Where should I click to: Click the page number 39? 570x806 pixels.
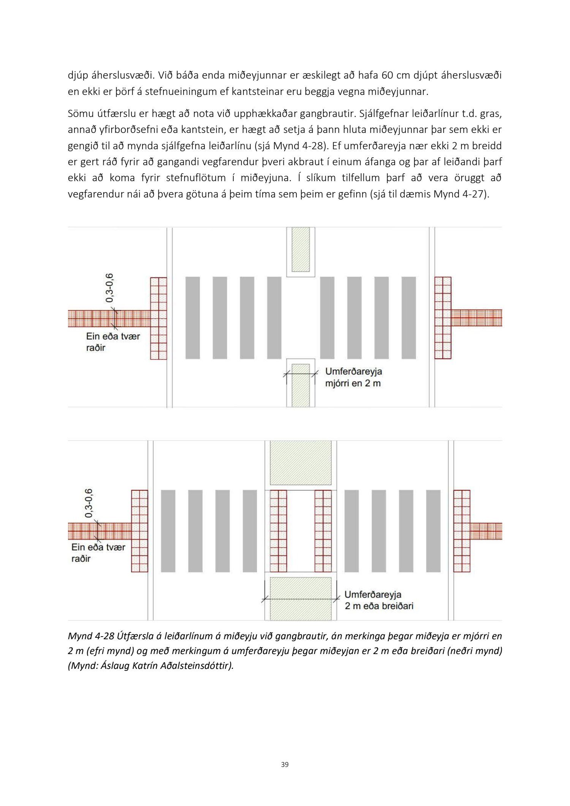click(285, 764)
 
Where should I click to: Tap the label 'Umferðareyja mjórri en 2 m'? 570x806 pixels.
click(353, 377)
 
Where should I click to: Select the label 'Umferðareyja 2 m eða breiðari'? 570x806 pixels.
click(378, 600)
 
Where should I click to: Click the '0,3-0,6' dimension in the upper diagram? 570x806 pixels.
click(110, 288)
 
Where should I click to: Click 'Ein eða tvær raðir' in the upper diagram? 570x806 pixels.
click(113, 342)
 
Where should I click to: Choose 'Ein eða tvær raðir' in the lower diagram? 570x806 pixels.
click(98, 553)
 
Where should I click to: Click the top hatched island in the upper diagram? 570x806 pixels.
click(301, 249)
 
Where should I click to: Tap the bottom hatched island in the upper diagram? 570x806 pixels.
click(301, 385)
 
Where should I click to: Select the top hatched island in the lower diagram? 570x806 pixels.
click(301, 463)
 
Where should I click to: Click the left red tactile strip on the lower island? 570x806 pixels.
click(278, 531)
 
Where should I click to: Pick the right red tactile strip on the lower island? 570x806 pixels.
click(323, 531)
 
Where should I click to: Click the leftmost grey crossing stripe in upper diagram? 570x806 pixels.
click(193, 318)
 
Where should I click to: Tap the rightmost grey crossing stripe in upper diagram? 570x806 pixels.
click(409, 318)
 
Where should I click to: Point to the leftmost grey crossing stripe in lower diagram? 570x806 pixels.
click(168, 531)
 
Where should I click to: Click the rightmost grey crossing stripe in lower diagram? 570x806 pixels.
click(433, 531)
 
